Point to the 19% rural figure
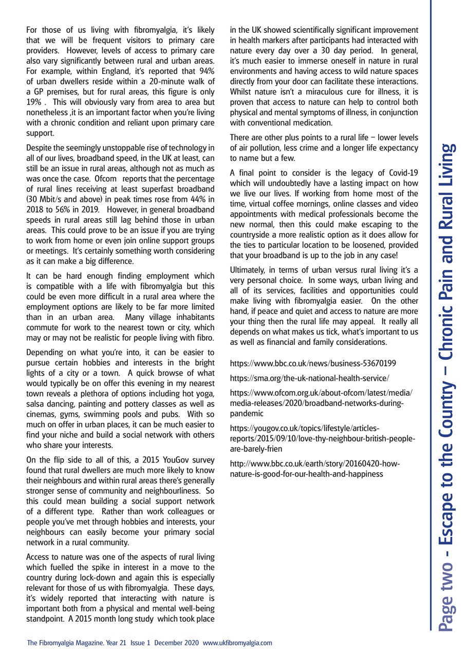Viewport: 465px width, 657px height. coord(33,102)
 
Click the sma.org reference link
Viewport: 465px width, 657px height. coord(309,378)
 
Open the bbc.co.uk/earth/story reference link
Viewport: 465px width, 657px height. coord(315,469)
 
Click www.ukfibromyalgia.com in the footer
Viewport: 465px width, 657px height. coord(237,643)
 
